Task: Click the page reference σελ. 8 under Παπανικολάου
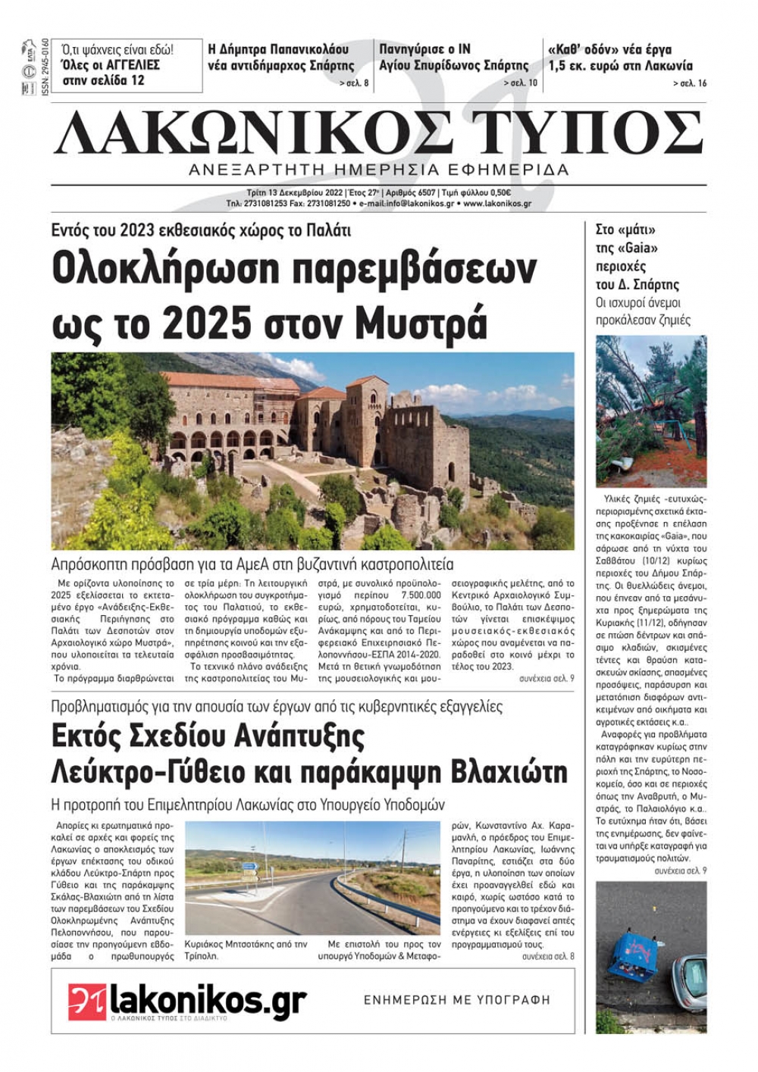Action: pos(354,83)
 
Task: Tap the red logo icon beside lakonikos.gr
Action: pos(86,1002)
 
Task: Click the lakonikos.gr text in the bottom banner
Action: pos(208,1000)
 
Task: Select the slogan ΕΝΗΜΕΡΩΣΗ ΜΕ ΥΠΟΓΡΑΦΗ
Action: pos(457,1000)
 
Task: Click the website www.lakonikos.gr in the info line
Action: pos(496,203)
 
